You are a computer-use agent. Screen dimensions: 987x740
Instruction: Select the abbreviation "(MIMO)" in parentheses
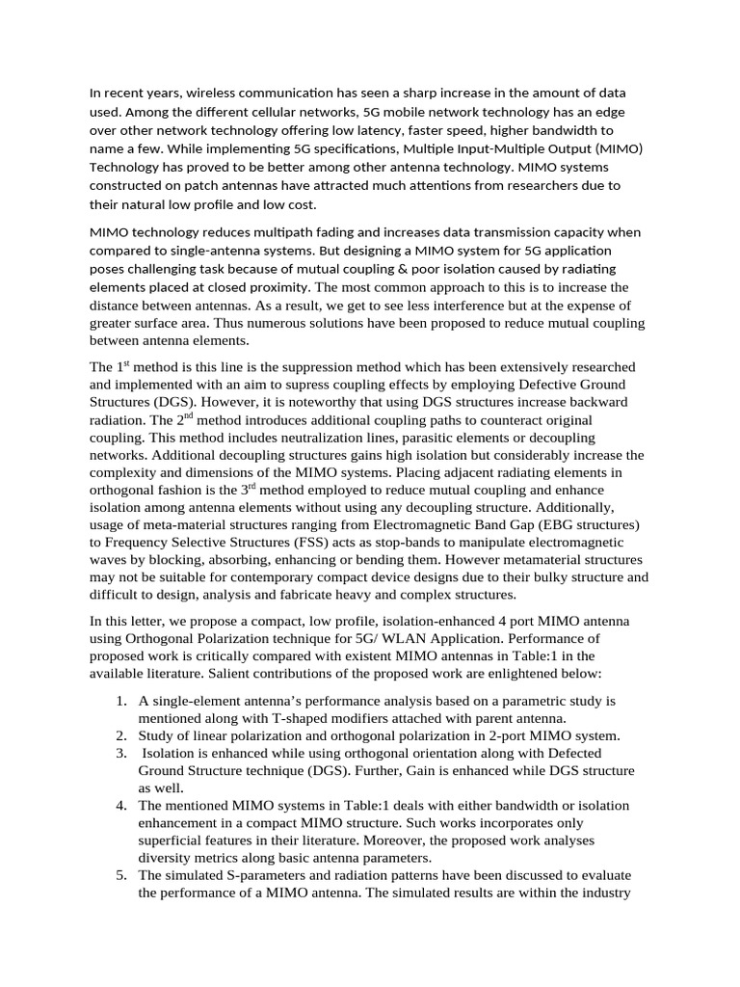coord(615,147)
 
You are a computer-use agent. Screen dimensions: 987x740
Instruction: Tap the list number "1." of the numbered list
coord(121,700)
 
